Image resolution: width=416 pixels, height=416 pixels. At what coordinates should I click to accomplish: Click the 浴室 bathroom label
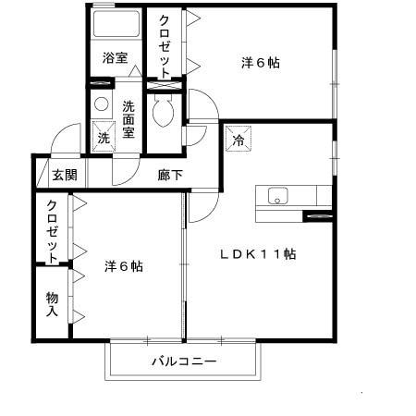[116, 56]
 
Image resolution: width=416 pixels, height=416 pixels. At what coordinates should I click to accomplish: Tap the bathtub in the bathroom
[116, 26]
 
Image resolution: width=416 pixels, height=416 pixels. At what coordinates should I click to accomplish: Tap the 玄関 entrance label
[64, 175]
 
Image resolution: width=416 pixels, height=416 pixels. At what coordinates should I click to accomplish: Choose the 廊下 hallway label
[169, 175]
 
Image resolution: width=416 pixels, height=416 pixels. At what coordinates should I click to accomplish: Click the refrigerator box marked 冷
[238, 141]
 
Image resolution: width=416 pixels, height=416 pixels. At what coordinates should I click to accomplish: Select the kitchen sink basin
[277, 196]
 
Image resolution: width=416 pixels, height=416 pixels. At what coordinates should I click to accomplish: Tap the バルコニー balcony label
[184, 361]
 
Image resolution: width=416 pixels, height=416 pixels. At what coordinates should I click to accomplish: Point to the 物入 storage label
[52, 304]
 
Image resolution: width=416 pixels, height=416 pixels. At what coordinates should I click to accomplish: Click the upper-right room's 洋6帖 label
[261, 63]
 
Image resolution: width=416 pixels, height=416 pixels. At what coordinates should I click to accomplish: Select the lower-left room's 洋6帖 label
[123, 265]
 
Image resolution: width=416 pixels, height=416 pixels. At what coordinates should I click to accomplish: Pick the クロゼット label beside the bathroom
[164, 45]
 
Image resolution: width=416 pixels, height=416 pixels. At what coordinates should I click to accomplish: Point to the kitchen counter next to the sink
[310, 196]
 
